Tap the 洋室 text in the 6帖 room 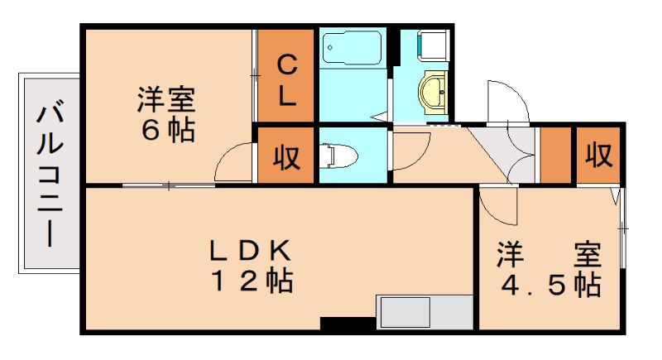click(x=165, y=102)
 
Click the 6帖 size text click(x=165, y=131)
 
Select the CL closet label click(x=286, y=79)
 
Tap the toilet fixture click(x=339, y=154)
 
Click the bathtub click(x=352, y=50)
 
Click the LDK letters click(x=248, y=248)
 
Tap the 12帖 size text click(x=248, y=281)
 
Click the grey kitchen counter click(x=423, y=312)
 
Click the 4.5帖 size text click(x=549, y=286)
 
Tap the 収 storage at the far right click(x=598, y=154)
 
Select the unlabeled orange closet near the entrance click(x=556, y=156)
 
